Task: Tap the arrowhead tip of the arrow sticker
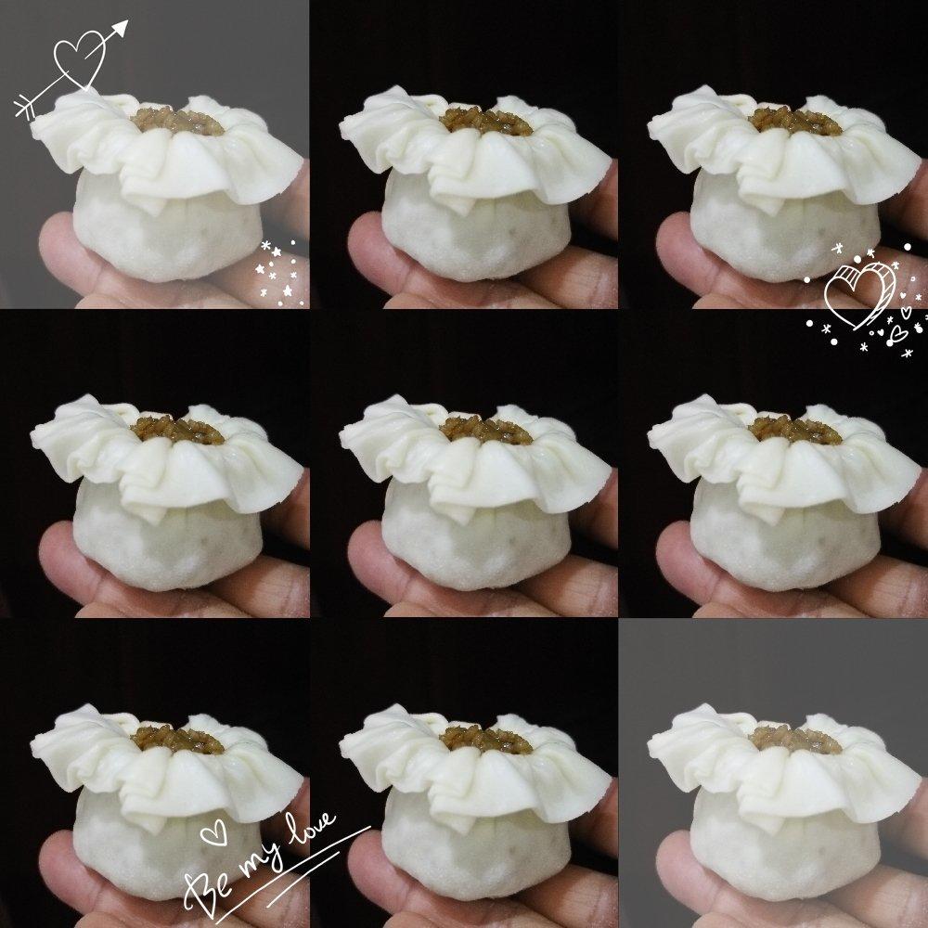pyautogui.click(x=128, y=20)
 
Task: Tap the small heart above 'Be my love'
pyautogui.click(x=213, y=832)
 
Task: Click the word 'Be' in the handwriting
pyautogui.click(x=208, y=893)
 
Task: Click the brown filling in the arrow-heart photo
pyautogui.click(x=177, y=122)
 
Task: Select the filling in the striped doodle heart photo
pyautogui.click(x=795, y=122)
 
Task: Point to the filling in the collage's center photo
pyautogui.click(x=486, y=431)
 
